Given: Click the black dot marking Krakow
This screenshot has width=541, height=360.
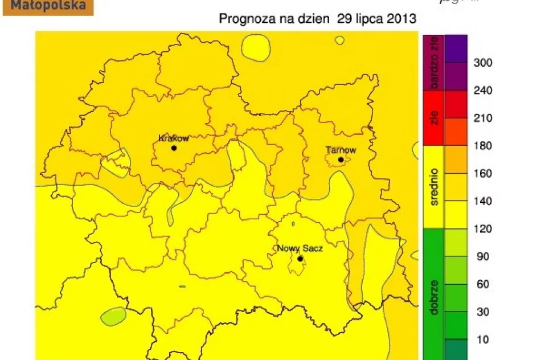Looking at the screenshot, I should [x=174, y=148].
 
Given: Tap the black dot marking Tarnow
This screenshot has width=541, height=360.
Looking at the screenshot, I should [x=341, y=159].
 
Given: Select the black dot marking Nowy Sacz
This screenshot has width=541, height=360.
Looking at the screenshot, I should [x=300, y=259].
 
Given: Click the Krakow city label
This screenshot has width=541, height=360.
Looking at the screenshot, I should [x=174, y=138].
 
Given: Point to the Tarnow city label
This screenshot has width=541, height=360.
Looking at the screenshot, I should [x=341, y=150].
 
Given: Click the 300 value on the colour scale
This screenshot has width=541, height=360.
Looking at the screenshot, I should [x=483, y=63].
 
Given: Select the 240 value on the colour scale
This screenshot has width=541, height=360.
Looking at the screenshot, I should [x=483, y=91].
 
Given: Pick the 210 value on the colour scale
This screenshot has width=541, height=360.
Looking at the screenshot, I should [x=483, y=118].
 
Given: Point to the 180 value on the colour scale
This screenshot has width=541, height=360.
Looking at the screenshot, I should [x=483, y=146].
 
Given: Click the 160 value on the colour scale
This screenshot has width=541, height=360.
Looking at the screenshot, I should [x=483, y=174].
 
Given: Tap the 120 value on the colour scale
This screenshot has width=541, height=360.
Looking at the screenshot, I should [x=483, y=229].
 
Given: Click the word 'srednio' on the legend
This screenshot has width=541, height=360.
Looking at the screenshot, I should [x=434, y=186].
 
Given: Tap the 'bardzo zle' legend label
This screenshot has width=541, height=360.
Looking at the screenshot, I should [x=434, y=63].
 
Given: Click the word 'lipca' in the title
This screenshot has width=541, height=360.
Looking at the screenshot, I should [x=371, y=19].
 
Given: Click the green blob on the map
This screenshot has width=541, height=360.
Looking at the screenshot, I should [x=113, y=316].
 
